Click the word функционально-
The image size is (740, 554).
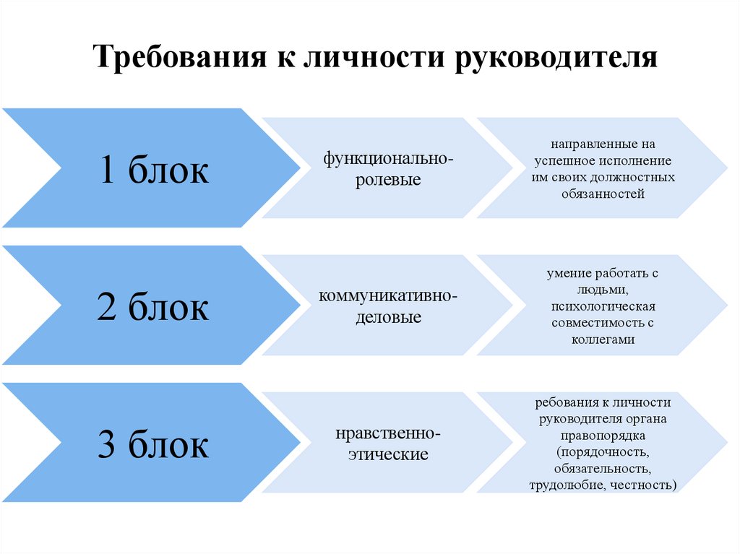click(388, 157)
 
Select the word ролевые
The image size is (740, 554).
click(388, 179)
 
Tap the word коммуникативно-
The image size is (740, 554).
click(388, 295)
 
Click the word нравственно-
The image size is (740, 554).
click(388, 433)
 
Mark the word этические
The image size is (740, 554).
click(388, 454)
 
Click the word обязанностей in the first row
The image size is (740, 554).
click(602, 194)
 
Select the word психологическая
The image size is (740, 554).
click(602, 306)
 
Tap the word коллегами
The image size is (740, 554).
click(602, 339)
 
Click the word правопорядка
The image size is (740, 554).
click(602, 436)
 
